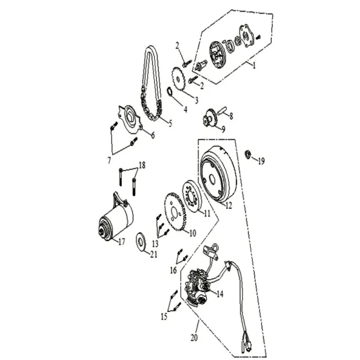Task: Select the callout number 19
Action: tap(260, 161)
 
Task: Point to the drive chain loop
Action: tap(151, 84)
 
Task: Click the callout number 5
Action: tap(169, 124)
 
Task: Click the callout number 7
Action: tap(109, 161)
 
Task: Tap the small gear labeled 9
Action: tap(211, 117)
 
